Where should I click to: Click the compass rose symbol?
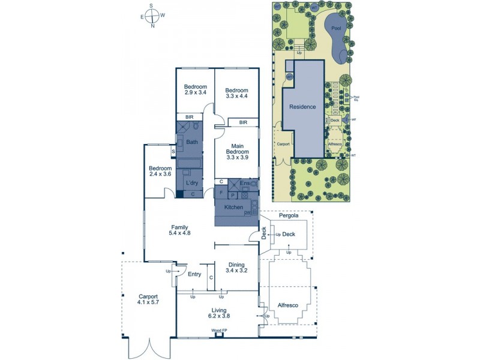click(152, 16)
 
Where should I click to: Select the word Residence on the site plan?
click(302, 107)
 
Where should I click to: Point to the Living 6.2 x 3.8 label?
click(218, 312)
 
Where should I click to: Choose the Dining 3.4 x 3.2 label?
click(235, 267)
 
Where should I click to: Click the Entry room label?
click(194, 274)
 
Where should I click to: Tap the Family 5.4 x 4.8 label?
click(179, 230)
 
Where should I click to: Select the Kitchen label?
click(233, 207)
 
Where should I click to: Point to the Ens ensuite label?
click(245, 183)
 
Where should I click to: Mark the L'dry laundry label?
click(192, 182)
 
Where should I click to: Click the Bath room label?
click(192, 142)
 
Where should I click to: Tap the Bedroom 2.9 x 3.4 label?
click(195, 89)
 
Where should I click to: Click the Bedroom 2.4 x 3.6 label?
click(160, 171)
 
